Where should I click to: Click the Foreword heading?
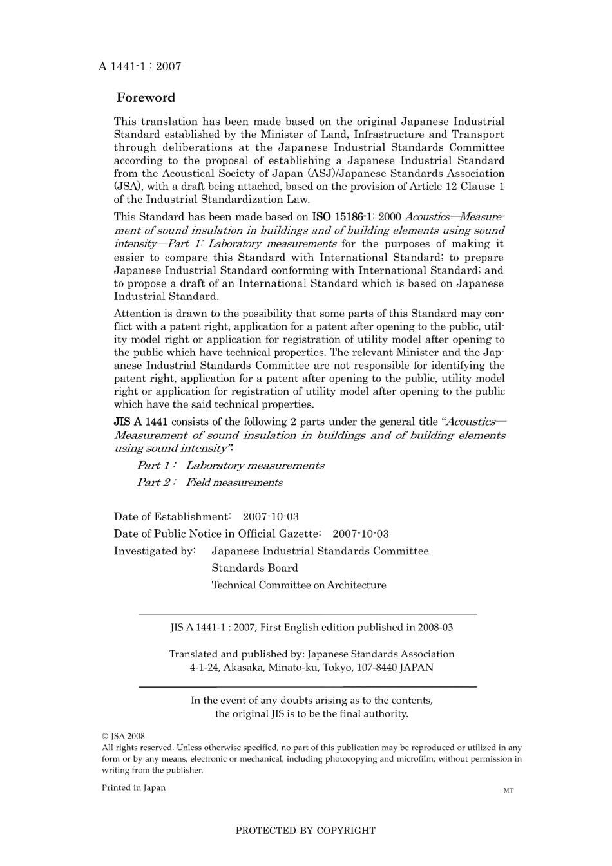point(146,98)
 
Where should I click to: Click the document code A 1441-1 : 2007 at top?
point(140,66)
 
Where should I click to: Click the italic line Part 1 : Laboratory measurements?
point(231,466)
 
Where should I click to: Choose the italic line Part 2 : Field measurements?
point(209,482)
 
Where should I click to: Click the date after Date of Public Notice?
point(360,534)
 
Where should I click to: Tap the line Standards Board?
point(254,568)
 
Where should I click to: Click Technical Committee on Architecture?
point(299,585)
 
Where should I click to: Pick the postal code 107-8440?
point(376,668)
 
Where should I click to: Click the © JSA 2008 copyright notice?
point(123,736)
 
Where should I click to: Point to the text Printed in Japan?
point(133,787)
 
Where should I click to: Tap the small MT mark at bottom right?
point(508,791)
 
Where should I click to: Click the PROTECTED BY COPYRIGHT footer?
point(305,831)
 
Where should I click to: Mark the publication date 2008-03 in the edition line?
point(435,627)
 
